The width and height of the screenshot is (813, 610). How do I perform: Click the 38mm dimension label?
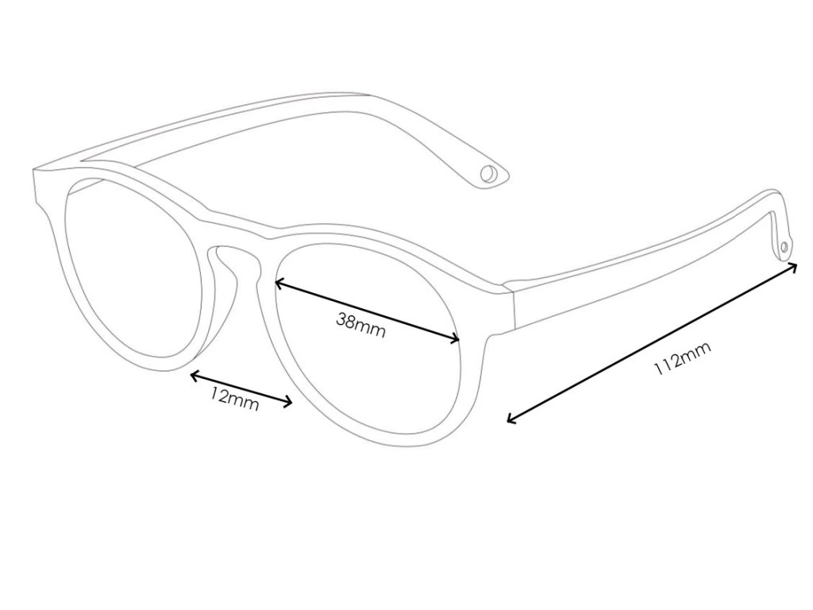[x=360, y=326]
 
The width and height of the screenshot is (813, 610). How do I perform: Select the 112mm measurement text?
[x=682, y=358]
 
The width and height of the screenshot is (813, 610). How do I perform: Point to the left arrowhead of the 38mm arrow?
[x=276, y=281]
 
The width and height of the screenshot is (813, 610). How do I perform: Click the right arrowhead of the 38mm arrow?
[x=458, y=341]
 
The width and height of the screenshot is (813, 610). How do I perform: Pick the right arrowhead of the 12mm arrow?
[x=291, y=403]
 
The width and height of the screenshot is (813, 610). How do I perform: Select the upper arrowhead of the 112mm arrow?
[x=795, y=266]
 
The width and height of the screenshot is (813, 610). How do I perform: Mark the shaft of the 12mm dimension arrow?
[x=241, y=388]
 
